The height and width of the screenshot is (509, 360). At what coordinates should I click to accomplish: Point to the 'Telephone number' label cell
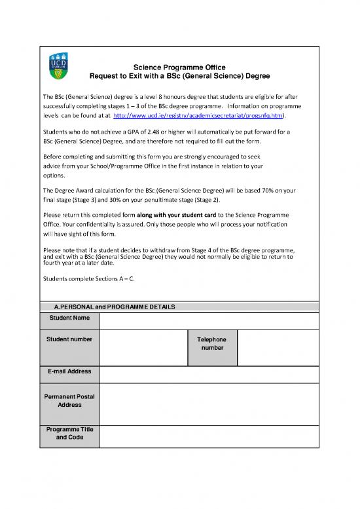tap(212, 344)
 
